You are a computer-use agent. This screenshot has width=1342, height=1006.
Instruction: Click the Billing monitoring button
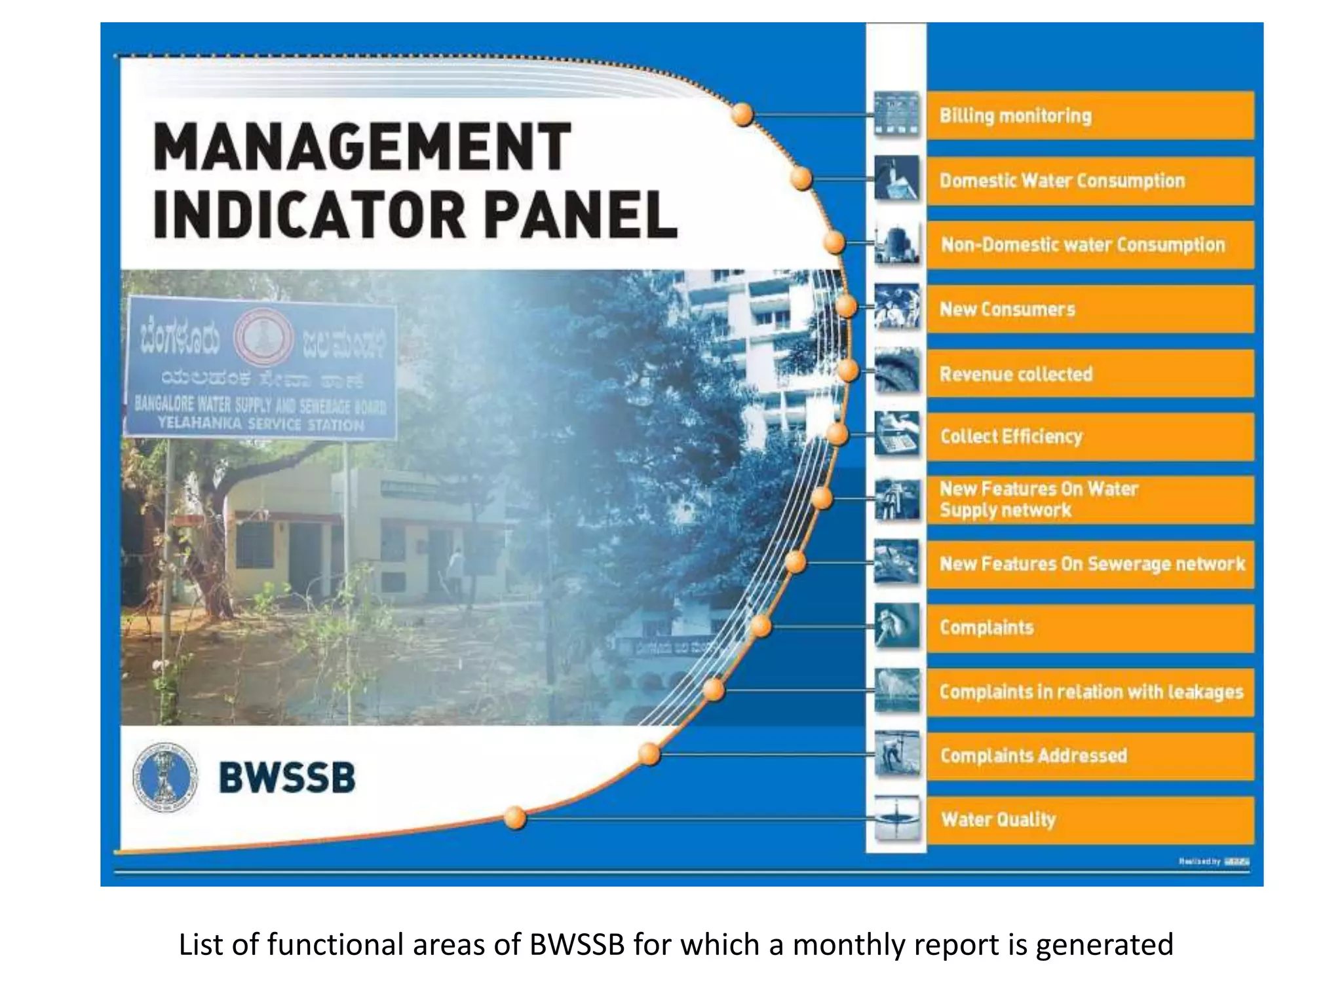[x=1090, y=116]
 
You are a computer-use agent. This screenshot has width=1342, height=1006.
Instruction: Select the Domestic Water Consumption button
[x=1090, y=181]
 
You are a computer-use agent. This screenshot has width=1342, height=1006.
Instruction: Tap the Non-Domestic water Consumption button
[x=1090, y=245]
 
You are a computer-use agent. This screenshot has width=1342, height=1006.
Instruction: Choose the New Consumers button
[x=1090, y=309]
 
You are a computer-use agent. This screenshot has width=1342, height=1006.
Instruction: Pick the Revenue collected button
[x=1090, y=374]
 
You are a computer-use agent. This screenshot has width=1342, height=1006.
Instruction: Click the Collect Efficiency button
[x=1090, y=437]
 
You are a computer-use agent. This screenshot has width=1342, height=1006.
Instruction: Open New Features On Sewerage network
[x=1090, y=564]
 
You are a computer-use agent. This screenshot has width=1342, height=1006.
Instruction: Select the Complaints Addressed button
[x=1090, y=756]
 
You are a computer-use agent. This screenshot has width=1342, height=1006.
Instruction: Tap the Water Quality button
[x=1090, y=820]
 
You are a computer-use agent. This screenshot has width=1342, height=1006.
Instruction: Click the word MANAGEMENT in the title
[x=362, y=147]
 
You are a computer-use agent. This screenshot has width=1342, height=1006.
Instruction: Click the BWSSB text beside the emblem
[x=287, y=778]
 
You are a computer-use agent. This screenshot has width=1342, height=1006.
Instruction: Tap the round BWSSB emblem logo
[x=164, y=777]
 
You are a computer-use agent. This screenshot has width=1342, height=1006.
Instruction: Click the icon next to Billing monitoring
[x=896, y=115]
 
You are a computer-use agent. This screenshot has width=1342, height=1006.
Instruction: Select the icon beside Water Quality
[x=896, y=819]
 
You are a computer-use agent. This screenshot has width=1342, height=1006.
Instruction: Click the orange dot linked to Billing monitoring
[x=742, y=115]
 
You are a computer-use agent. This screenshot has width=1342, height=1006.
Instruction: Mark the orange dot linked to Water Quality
[x=515, y=818]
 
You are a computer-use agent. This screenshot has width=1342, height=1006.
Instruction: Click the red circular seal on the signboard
[x=263, y=337]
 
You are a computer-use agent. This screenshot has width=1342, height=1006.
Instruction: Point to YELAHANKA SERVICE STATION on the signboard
[x=261, y=424]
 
